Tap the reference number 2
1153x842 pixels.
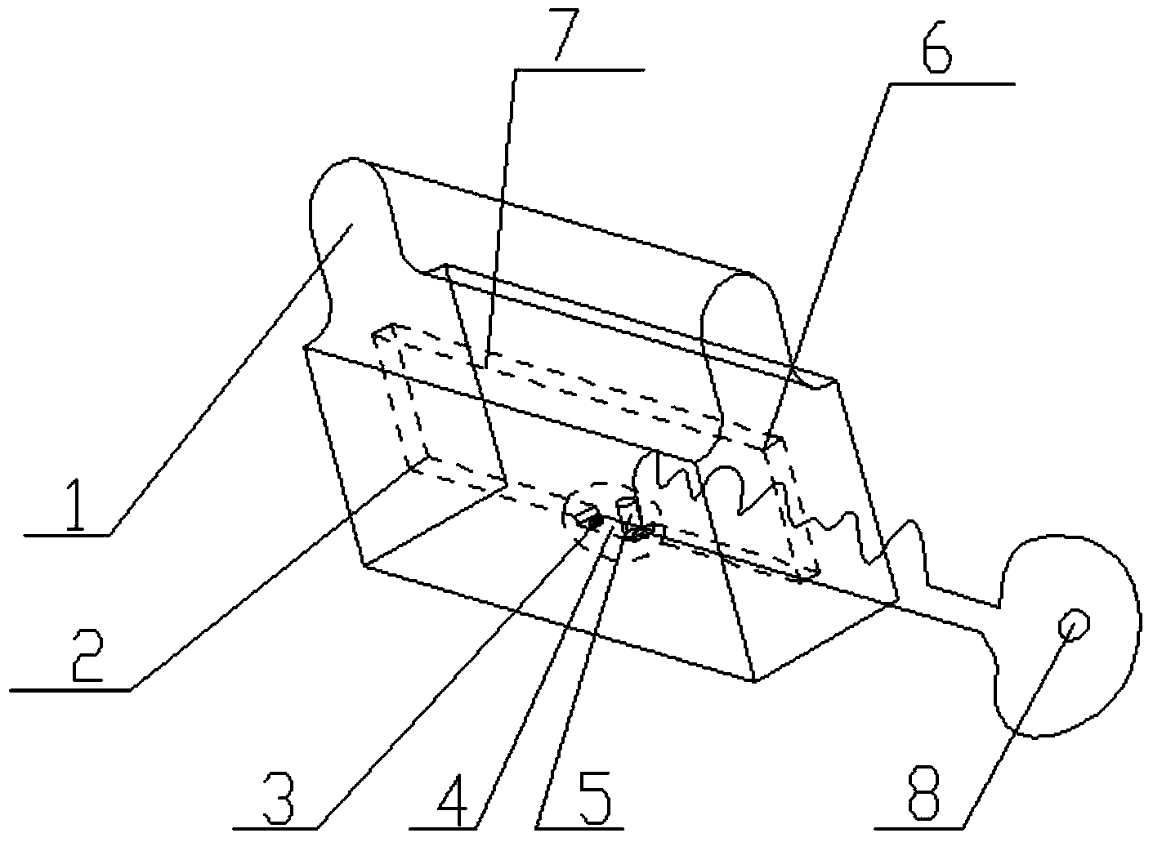tap(88, 656)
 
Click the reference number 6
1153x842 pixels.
tap(936, 47)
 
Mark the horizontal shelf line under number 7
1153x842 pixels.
tap(579, 69)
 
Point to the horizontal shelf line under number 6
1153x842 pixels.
tap(952, 83)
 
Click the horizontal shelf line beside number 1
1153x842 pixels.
tap(67, 535)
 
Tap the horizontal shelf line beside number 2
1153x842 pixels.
tap(70, 690)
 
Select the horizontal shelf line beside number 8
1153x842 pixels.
tap(918, 828)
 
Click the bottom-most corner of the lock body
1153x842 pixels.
tap(754, 681)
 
